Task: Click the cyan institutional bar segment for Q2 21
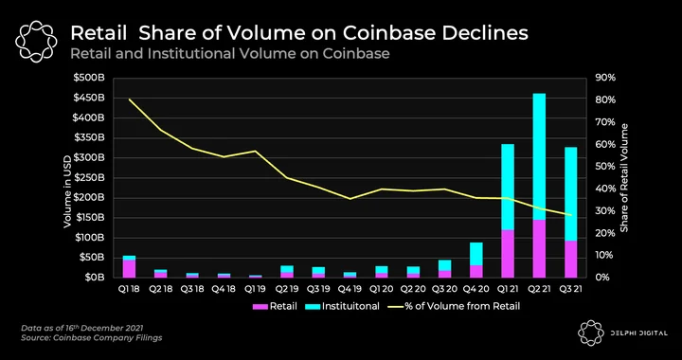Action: (539, 156)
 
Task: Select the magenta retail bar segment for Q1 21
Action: (508, 254)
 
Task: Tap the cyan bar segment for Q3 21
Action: (570, 194)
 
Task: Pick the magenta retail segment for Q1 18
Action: (129, 269)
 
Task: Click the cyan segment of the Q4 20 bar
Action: (476, 254)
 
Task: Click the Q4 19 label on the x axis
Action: (350, 289)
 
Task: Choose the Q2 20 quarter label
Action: (413, 289)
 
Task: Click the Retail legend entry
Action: (275, 307)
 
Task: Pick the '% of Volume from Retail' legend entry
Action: (456, 307)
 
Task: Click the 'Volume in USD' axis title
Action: (67, 190)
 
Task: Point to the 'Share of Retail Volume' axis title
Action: (624, 178)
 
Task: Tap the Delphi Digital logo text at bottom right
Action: (638, 333)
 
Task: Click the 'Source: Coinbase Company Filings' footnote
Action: (91, 337)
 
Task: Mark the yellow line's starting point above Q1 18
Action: (129, 99)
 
